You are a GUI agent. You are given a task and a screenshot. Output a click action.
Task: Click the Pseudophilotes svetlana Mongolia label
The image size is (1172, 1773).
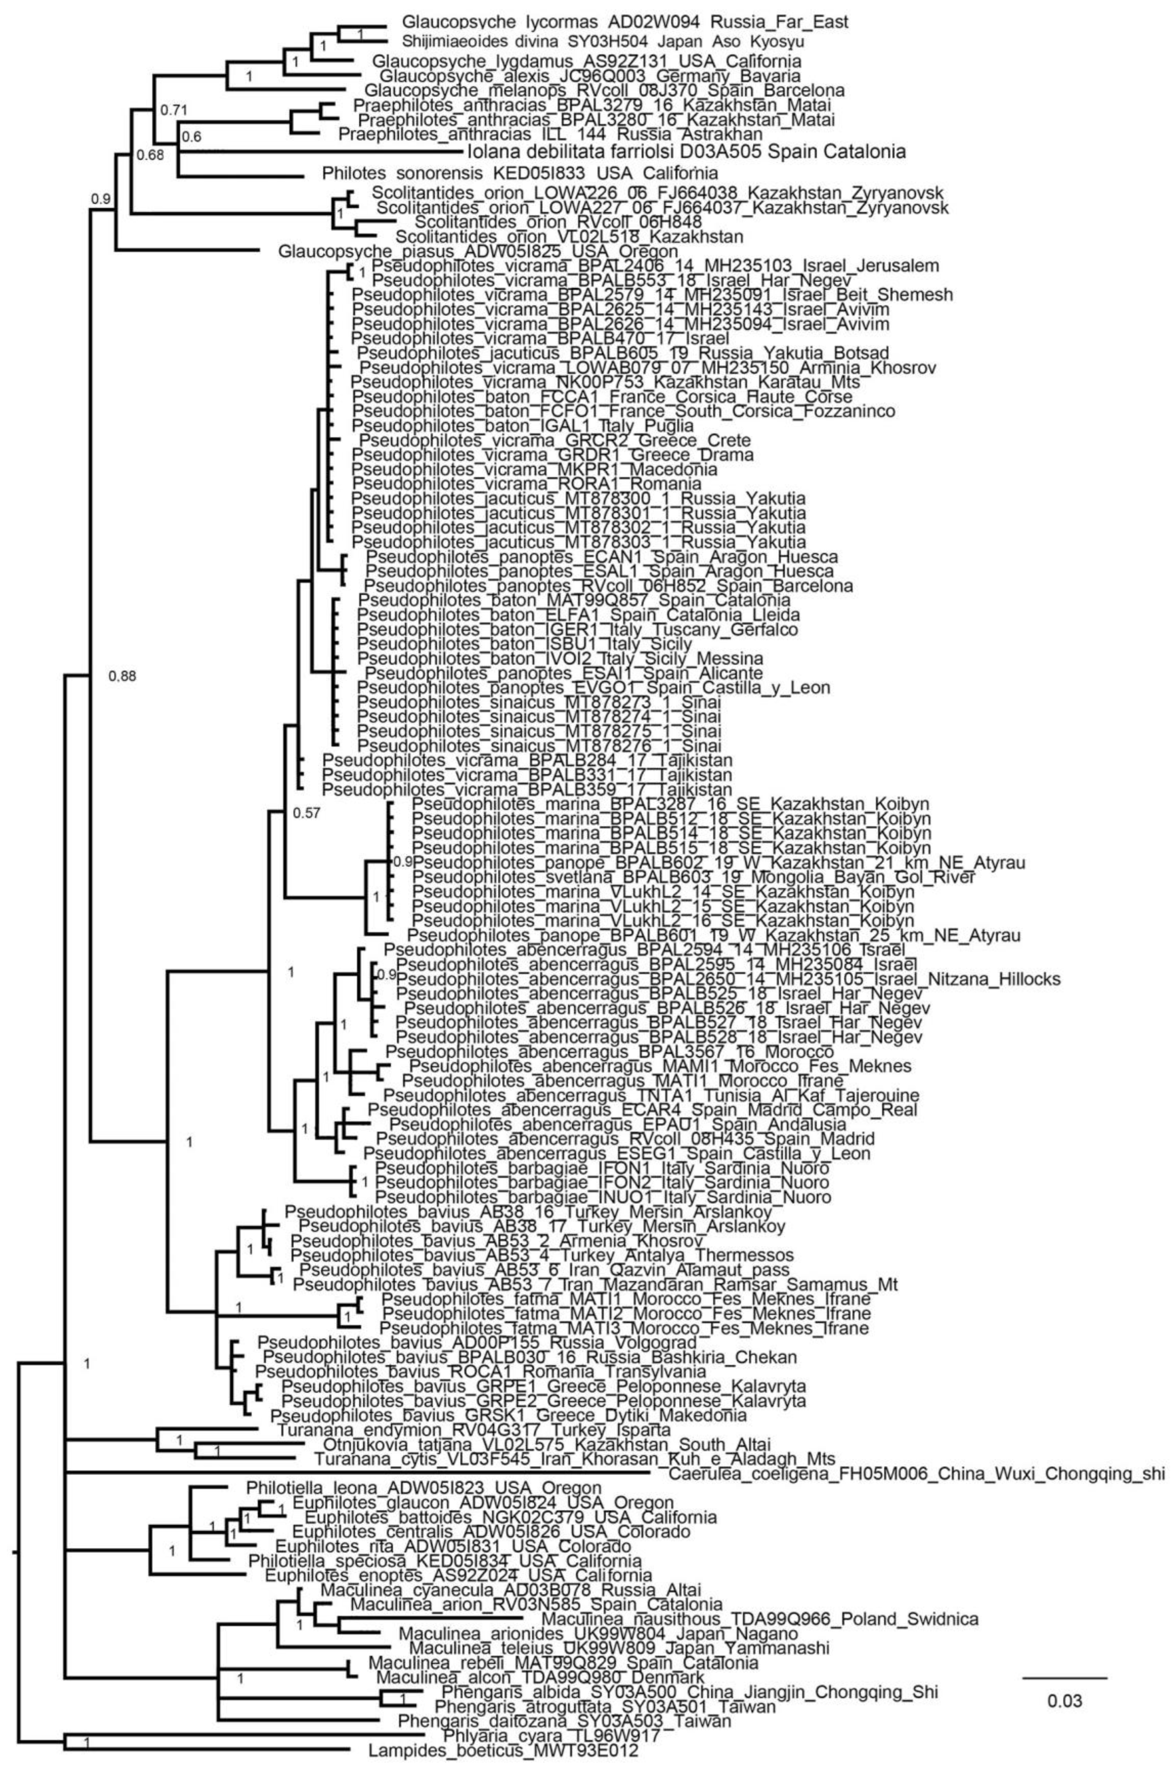coord(694,877)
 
